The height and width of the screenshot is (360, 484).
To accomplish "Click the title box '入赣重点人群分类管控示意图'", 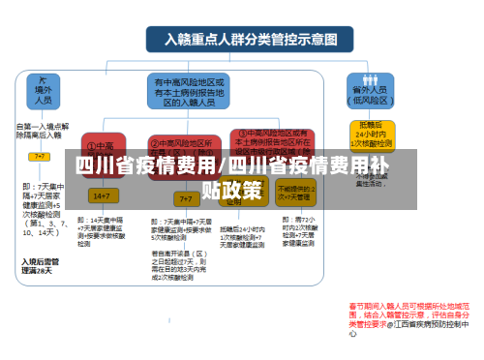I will (241, 39).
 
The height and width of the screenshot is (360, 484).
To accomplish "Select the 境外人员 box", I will (43, 94).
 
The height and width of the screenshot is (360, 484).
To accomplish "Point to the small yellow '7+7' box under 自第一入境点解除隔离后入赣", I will (41, 156).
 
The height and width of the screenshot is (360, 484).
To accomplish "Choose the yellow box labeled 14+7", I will (100, 195).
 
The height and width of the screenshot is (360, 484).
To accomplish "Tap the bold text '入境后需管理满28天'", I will (40, 265).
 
